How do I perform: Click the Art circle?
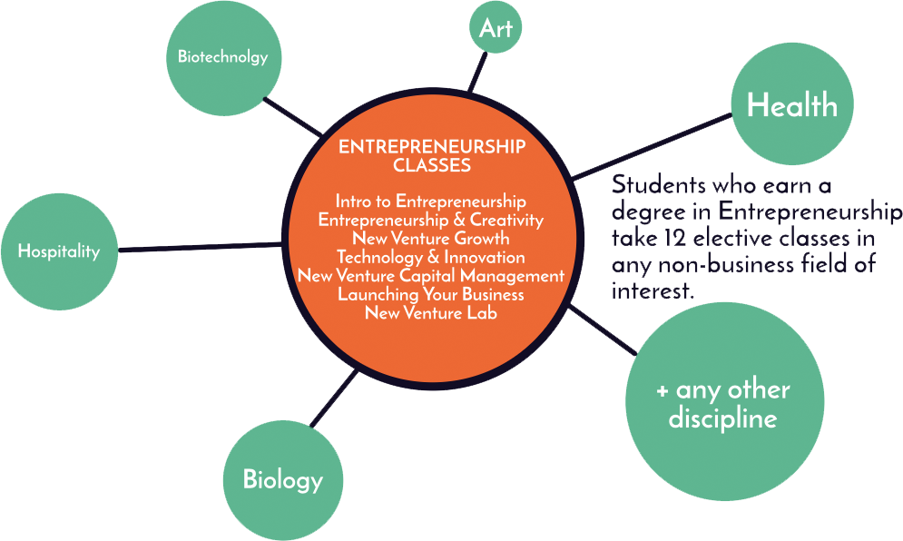(496, 27)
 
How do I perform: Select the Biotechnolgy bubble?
(223, 57)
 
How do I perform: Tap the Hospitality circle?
(59, 251)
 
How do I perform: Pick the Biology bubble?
(283, 480)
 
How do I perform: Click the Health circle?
(792, 103)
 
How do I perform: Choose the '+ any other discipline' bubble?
(724, 401)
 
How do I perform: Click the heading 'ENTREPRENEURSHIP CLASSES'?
(432, 155)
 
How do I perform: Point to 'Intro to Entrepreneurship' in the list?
(431, 202)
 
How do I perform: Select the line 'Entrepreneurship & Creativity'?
(431, 220)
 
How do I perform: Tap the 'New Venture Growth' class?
(431, 238)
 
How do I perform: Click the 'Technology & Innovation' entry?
(431, 257)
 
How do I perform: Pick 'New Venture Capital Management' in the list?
(431, 275)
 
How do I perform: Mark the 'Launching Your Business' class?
(431, 294)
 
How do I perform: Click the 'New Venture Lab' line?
(431, 313)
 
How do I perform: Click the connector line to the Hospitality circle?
(201, 247)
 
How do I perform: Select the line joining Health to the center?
(653, 146)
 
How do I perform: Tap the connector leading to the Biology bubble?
(334, 398)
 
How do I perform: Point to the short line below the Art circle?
(478, 72)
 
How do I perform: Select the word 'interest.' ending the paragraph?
(653, 291)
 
